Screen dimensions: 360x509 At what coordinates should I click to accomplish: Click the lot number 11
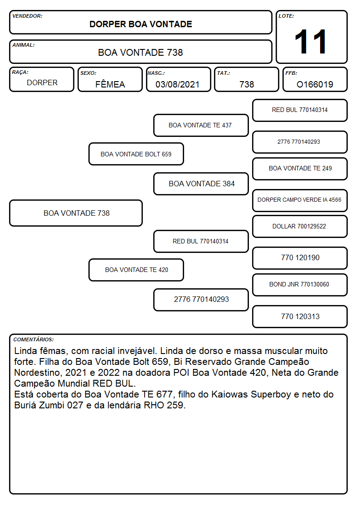pos(311,42)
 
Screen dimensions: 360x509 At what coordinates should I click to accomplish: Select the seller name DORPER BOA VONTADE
pos(141,24)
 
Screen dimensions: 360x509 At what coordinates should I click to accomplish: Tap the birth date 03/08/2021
pos(177,84)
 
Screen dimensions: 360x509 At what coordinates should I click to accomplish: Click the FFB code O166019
pos(315,84)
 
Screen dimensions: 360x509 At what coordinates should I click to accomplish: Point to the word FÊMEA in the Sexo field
pos(110,84)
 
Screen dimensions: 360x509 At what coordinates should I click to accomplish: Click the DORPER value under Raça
pos(42,83)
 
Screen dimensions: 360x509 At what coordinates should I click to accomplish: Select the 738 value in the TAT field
pos(247,84)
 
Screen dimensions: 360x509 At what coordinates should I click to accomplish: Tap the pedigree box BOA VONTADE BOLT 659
pos(136,154)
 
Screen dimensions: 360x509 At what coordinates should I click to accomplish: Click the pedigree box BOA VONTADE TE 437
pos(201,125)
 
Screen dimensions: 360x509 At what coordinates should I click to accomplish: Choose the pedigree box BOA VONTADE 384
pos(201,184)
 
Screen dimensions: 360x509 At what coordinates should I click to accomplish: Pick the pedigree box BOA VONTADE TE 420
pos(136,270)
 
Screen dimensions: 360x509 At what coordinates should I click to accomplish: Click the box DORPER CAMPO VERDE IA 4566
pos(300,200)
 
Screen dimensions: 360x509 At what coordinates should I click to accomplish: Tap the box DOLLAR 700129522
pos(300,227)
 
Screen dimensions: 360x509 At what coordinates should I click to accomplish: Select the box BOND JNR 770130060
pos(300,285)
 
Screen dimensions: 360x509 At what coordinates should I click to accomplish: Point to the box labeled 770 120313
pos(300,316)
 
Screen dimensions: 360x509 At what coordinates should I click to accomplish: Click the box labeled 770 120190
pos(300,258)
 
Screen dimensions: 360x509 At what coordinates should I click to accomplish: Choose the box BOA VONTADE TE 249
pos(300,169)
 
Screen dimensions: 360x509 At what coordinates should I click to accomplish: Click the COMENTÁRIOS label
pos(34,339)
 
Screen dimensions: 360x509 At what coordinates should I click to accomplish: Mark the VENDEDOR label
pos(27,16)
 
